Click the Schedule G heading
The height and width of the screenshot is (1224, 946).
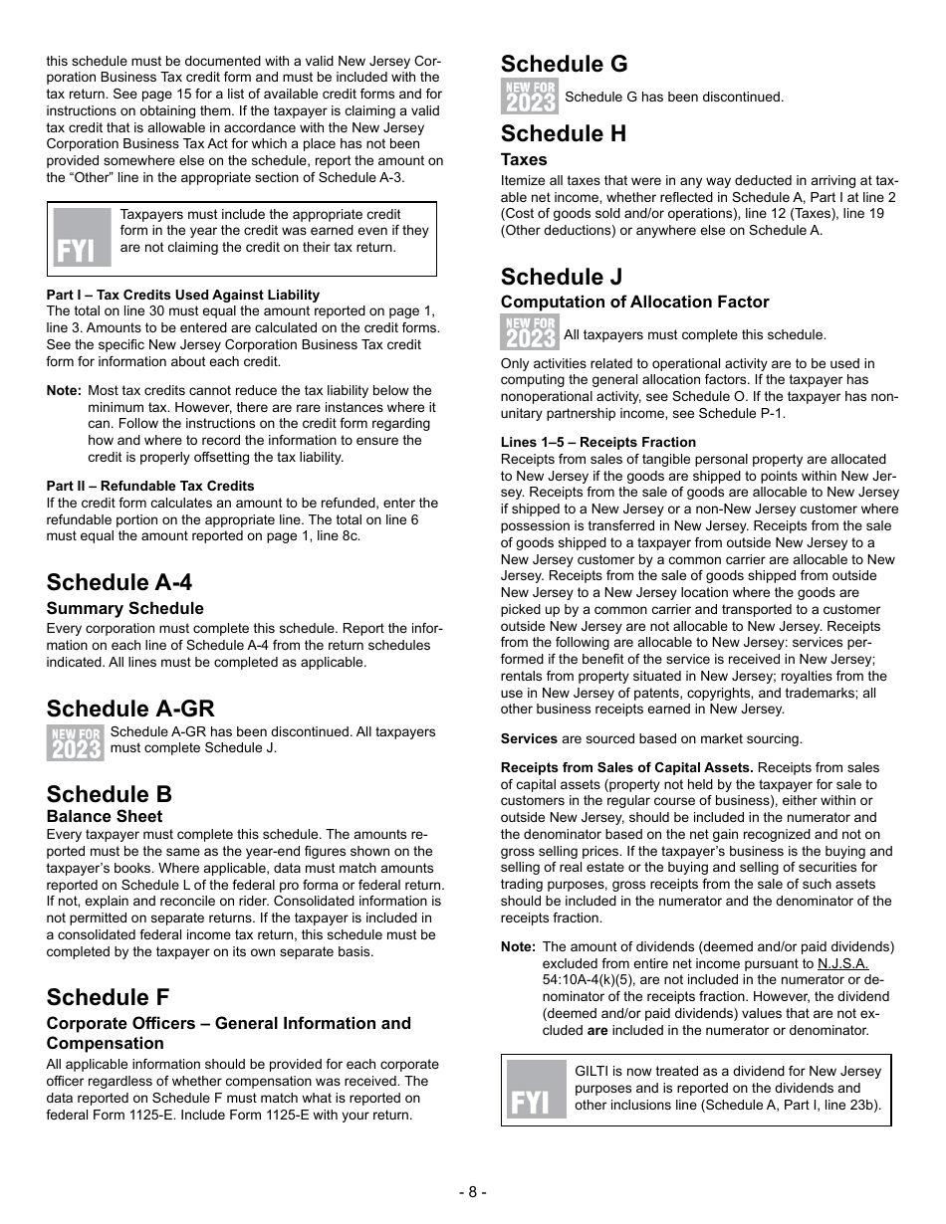point(564,65)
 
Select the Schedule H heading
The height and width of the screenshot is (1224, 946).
point(564,134)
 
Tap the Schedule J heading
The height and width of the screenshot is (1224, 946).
point(562,277)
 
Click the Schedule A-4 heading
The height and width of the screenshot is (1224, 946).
point(119,583)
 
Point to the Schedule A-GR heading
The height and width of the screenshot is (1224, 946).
point(130,709)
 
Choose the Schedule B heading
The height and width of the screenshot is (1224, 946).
point(109,794)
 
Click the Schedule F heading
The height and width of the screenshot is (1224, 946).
point(108,997)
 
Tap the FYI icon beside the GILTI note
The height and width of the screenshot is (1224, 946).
point(536,1090)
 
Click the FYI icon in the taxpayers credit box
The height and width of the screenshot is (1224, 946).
point(82,238)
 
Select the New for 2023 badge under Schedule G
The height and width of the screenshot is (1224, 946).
point(530,98)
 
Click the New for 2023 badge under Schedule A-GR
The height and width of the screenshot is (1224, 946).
point(76,742)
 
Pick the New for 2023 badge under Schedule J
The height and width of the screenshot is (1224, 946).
point(530,332)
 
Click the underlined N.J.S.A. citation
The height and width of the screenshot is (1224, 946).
point(842,963)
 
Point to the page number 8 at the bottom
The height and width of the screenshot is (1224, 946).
point(472,1192)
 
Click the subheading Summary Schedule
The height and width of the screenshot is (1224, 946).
point(124,608)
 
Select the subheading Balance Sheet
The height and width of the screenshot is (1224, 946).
point(105,816)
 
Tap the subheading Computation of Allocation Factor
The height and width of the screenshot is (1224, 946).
point(634,302)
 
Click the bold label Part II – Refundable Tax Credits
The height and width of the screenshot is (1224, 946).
point(150,486)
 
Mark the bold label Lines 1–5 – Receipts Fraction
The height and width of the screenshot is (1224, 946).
point(598,442)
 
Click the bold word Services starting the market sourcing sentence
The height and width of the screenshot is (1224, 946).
point(529,738)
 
